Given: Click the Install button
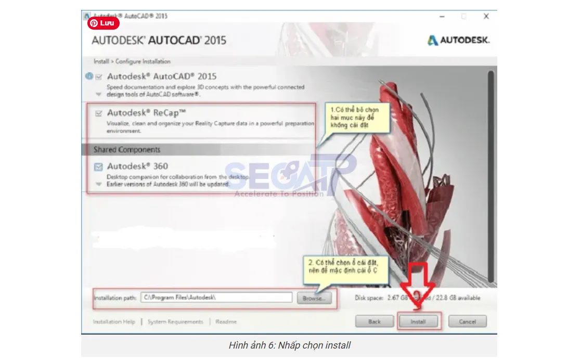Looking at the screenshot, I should click(x=419, y=322).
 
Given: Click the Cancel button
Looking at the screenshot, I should click(x=467, y=322).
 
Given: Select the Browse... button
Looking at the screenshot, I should click(x=314, y=298).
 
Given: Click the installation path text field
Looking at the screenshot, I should click(x=216, y=298).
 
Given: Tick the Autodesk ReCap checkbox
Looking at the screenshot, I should click(x=99, y=113).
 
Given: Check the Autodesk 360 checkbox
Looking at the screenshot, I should click(x=98, y=167).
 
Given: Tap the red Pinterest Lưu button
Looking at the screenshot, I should click(x=104, y=23).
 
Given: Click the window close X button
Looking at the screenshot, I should click(x=486, y=17).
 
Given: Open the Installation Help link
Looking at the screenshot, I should click(x=114, y=322).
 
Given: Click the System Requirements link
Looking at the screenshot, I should click(x=175, y=322).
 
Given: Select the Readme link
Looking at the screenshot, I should click(x=226, y=322).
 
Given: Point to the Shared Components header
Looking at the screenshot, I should click(x=127, y=150).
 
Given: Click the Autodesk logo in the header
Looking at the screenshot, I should click(x=458, y=40).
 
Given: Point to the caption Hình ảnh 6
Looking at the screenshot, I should click(x=289, y=345).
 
